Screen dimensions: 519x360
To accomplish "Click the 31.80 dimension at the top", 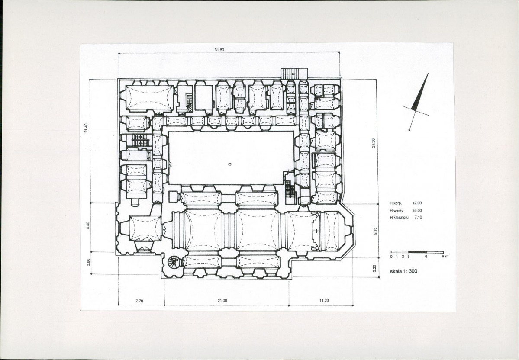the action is tap(219, 50).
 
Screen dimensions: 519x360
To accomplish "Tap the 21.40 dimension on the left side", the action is tap(86, 128).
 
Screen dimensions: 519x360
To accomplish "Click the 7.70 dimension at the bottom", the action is tap(139, 301).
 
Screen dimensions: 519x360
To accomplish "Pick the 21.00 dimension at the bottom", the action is tap(222, 301).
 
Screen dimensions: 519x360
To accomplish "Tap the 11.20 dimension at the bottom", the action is tap(324, 301).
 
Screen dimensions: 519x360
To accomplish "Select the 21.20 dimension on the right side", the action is tap(374, 143).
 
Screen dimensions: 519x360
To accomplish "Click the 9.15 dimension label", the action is tap(375, 231).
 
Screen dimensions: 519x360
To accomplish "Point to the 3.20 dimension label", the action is tap(375, 268).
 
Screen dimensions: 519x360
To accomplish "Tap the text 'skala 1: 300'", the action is tap(404, 271).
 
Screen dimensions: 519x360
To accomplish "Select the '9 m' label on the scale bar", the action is tap(445, 257).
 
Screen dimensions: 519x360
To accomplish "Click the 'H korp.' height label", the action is tap(396, 203).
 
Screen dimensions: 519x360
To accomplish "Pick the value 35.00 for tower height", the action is tap(417, 210).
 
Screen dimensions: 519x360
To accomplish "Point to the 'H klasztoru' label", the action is tap(400, 217).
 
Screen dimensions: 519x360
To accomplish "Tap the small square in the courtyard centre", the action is tap(230, 164).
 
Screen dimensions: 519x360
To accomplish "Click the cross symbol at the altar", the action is tap(317, 231).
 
